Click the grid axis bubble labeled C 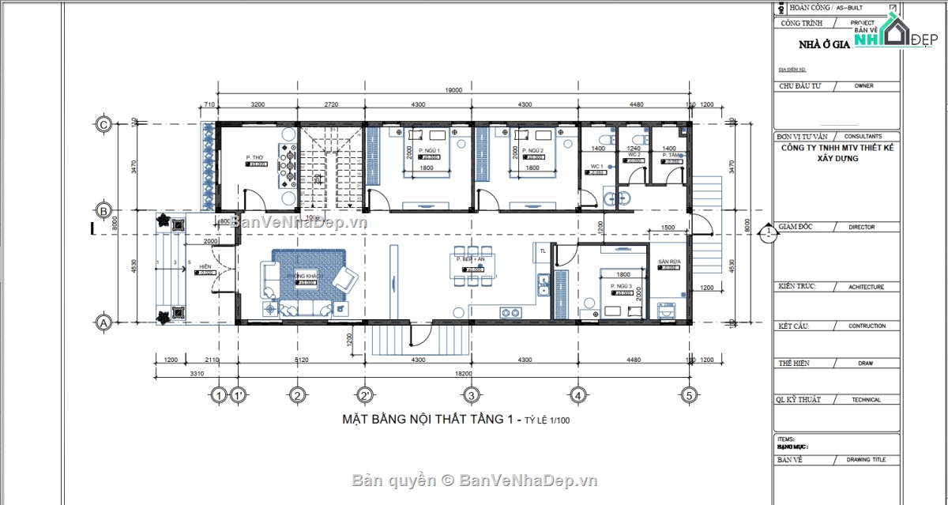pyautogui.click(x=102, y=124)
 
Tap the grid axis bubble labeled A pyautogui.click(x=102, y=322)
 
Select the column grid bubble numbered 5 pyautogui.click(x=689, y=394)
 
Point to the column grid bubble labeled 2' pyautogui.click(x=365, y=394)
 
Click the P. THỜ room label pyautogui.click(x=254, y=157)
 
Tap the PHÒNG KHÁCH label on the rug pyautogui.click(x=306, y=277)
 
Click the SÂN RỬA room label pyautogui.click(x=670, y=262)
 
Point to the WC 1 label pyautogui.click(x=597, y=166)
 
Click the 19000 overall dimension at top pyautogui.click(x=453, y=90)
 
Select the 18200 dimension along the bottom pyautogui.click(x=453, y=373)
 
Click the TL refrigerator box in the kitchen pyautogui.click(x=542, y=251)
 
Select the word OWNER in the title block pyautogui.click(x=863, y=85)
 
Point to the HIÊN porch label pyautogui.click(x=205, y=267)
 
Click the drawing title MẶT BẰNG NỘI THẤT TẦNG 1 pyautogui.click(x=430, y=419)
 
